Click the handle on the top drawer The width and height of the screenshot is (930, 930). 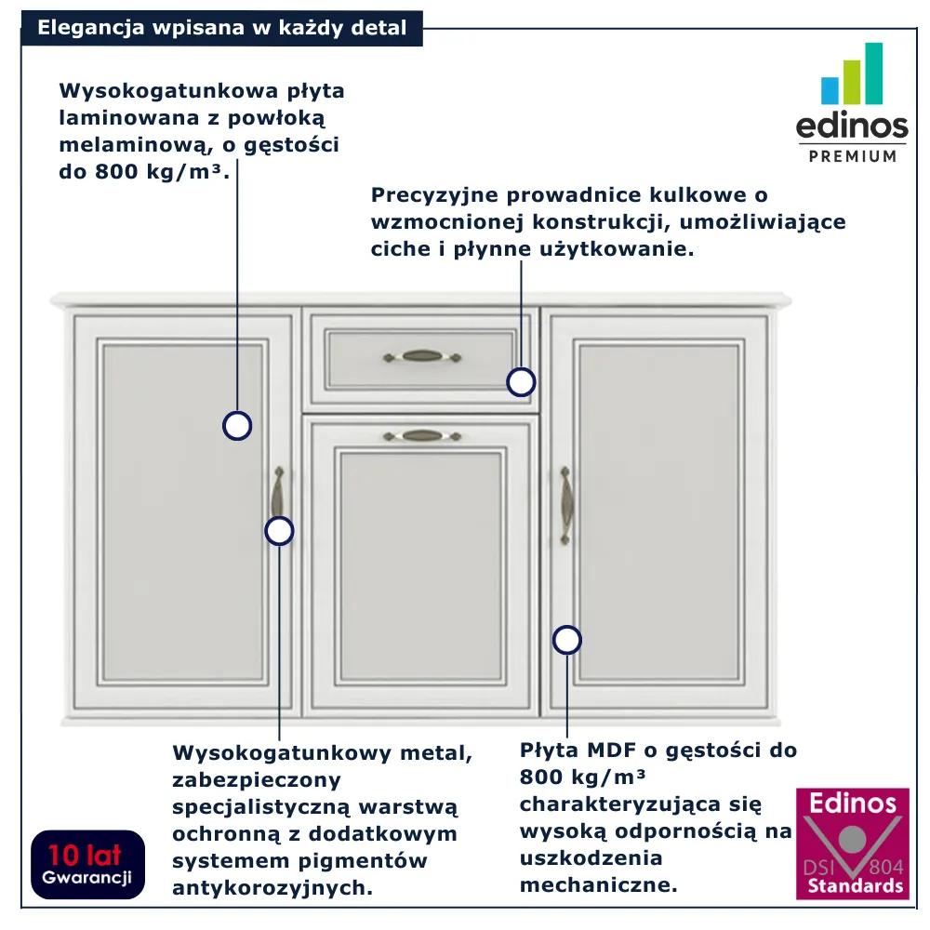click(x=421, y=356)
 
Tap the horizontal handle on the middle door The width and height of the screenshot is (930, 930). click(x=421, y=436)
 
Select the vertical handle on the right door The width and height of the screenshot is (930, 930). click(x=565, y=505)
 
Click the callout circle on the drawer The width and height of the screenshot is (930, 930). click(x=521, y=382)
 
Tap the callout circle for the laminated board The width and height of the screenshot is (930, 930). click(x=237, y=426)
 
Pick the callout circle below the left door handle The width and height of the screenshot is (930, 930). click(x=279, y=531)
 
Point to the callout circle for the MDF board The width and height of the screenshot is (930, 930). click(x=567, y=640)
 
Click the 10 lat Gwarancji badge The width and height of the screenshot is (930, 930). click(x=87, y=864)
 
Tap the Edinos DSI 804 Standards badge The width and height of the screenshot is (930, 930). click(x=852, y=844)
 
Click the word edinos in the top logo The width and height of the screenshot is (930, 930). click(x=852, y=126)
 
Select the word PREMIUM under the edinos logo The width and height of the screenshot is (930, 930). click(x=853, y=156)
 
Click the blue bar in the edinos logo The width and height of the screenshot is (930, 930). click(x=830, y=91)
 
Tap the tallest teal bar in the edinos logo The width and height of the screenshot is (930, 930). click(x=873, y=73)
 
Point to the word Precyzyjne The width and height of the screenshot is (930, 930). click(x=434, y=195)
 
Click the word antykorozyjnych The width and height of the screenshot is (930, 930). click(x=272, y=888)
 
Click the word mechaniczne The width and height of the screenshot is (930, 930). click(x=598, y=885)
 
